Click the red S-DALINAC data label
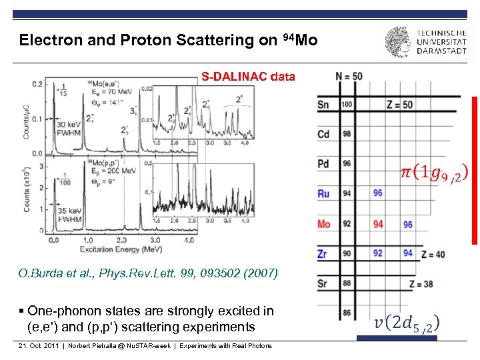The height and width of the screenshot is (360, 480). [248, 77]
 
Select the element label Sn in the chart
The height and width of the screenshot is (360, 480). [323, 105]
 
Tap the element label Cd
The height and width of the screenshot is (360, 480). [323, 134]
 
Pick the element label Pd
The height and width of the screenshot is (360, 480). [323, 164]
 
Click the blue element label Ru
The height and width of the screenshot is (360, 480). [323, 194]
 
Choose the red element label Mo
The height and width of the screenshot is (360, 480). [323, 224]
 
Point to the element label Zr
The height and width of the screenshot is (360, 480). [323, 254]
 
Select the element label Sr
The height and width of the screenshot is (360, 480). [323, 283]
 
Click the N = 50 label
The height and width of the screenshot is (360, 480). [349, 76]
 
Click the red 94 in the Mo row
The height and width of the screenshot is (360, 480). [378, 224]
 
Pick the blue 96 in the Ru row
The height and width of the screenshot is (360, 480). [378, 193]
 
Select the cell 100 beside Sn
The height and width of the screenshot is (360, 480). [347, 105]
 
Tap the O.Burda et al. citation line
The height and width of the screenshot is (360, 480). [148, 273]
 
